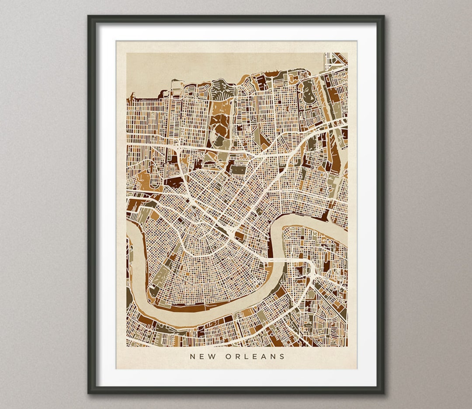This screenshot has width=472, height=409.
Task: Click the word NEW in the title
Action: click(201, 356)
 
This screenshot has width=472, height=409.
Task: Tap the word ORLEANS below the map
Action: click(255, 356)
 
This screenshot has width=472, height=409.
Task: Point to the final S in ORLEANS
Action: click(282, 356)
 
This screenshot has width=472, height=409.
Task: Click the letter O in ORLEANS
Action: click(228, 356)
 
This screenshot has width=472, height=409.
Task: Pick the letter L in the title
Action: click(247, 356)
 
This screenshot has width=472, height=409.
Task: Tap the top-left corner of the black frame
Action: click(89, 17)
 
